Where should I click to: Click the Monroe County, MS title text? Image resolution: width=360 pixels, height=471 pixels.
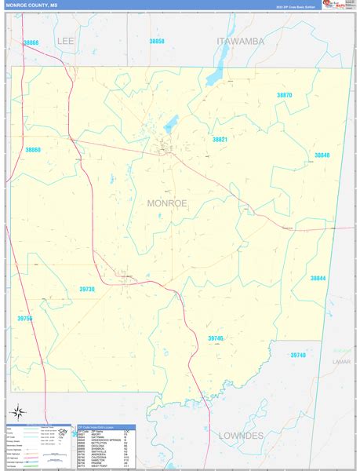32,5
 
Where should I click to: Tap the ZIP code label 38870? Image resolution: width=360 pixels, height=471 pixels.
284,95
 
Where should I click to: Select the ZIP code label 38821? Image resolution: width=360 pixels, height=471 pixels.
220,139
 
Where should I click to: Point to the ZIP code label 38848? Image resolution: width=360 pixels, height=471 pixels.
322,155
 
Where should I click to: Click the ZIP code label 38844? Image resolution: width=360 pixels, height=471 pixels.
318,278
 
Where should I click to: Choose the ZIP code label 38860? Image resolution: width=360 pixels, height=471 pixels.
33,149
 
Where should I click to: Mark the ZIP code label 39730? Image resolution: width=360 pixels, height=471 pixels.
87,289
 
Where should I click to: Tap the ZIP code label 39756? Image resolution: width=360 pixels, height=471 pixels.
25,318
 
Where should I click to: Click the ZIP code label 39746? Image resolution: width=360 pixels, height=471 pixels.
216,338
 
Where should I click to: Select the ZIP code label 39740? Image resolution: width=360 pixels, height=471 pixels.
298,355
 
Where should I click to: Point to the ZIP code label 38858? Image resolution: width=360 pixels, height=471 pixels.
157,41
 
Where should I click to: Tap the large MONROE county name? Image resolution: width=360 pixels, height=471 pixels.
167,203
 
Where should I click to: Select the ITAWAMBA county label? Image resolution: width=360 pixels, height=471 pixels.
241,40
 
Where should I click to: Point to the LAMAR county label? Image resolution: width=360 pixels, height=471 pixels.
341,362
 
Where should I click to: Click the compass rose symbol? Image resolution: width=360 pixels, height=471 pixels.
18,411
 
